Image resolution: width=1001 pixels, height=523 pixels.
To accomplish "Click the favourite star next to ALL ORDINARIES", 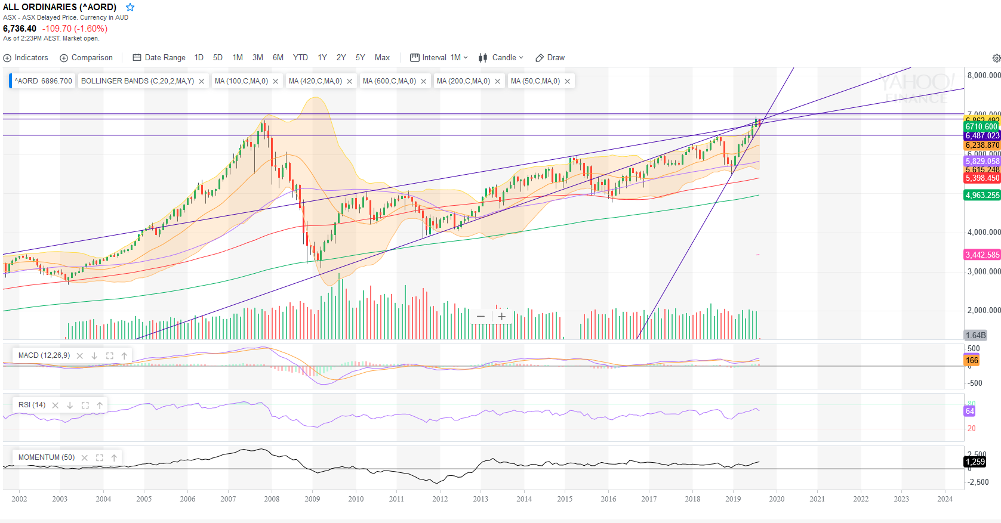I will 130,7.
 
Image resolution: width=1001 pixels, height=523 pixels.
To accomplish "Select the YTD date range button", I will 300,58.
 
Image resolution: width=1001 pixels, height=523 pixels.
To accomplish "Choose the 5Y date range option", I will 360,58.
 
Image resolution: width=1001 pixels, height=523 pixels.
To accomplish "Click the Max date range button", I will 382,58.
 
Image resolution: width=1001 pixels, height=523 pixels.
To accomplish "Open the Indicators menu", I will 26,58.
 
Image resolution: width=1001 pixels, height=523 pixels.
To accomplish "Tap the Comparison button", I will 87,58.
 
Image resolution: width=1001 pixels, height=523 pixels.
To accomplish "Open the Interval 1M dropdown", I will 439,58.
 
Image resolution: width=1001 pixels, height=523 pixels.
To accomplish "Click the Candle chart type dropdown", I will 501,58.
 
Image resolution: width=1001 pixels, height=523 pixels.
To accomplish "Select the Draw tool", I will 550,58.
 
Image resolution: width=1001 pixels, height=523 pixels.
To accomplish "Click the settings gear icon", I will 996,58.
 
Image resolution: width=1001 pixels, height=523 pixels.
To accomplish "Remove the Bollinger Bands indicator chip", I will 202,82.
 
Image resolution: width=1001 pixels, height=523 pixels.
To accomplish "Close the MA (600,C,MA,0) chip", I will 424,82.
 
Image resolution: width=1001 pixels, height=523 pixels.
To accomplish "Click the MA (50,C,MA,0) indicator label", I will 535,81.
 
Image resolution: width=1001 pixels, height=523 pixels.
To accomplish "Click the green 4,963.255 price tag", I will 982,195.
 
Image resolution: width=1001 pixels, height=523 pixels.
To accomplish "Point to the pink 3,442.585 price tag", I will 982,255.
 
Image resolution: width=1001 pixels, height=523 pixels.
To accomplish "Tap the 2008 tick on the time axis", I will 272,499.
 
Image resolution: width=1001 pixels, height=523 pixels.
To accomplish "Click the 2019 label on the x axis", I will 733,499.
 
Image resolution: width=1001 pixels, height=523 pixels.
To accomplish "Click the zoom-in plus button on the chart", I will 502,317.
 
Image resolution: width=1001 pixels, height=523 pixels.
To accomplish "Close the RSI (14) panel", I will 56,406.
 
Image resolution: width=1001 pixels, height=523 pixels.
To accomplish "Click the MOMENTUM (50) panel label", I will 47,457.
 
